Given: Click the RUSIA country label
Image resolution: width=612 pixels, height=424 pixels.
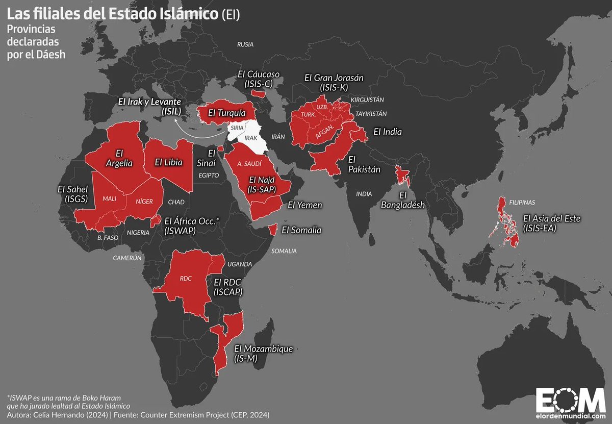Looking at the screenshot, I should (245, 44).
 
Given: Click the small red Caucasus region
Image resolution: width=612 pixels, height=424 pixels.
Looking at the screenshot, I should (260, 93).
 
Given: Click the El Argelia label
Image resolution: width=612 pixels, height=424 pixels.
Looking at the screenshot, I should (119, 158).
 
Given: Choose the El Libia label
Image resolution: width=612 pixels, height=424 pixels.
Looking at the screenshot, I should (169, 162).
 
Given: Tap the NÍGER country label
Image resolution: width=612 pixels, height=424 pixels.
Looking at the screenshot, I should (144, 201).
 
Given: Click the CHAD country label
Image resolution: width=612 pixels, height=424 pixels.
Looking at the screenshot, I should (175, 202).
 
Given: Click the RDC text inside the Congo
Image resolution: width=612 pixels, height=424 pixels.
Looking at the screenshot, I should (186, 279).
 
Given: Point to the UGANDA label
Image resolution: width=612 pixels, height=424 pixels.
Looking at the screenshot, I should (240, 264).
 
